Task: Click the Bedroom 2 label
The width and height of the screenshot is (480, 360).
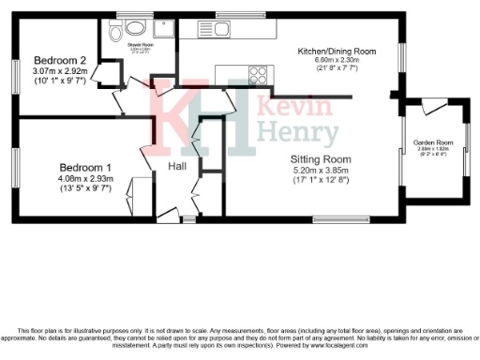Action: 58,57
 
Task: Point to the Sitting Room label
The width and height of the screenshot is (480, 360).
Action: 321,160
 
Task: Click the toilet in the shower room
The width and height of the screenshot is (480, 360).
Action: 116,35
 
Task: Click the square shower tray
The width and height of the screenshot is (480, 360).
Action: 164,30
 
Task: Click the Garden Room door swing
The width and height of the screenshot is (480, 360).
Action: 432,108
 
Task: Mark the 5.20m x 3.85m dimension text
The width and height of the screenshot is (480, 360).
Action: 321,172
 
